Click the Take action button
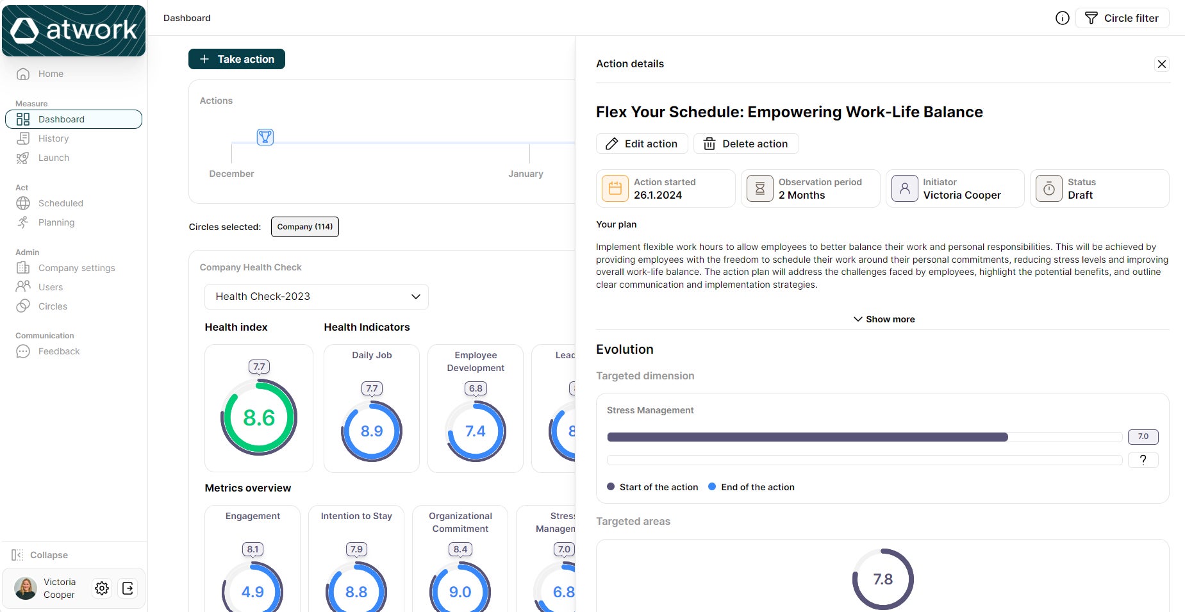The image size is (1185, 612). click(236, 59)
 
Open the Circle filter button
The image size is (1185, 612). click(1122, 18)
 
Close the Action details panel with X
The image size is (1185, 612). click(1161, 64)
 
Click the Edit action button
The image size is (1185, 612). click(642, 144)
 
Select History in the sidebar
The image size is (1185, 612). click(53, 138)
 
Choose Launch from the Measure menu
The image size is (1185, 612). click(53, 158)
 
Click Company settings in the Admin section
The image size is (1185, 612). click(76, 268)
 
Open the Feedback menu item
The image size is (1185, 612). click(58, 351)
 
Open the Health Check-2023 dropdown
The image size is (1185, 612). click(316, 297)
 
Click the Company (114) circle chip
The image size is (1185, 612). click(304, 227)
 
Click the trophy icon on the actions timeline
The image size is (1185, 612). click(265, 136)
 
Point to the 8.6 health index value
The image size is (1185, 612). click(259, 418)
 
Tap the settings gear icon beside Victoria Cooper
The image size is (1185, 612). click(102, 588)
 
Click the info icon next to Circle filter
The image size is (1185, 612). click(1062, 18)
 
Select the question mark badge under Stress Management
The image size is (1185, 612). click(1143, 459)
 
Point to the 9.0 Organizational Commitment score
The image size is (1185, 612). click(460, 592)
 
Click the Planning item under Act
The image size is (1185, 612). click(56, 222)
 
